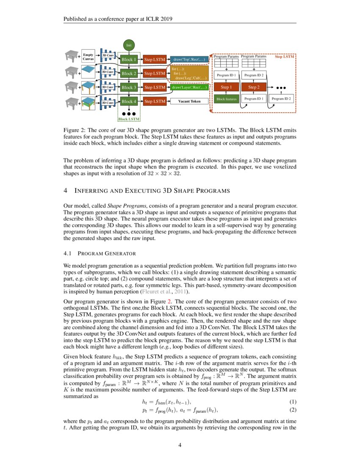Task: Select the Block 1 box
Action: pyautogui.click(x=129, y=60)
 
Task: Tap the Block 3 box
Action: pyautogui.click(x=129, y=88)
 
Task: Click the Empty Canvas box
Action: pyautogui.click(x=88, y=57)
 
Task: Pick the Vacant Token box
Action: pyautogui.click(x=190, y=102)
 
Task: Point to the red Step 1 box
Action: pyautogui.click(x=226, y=87)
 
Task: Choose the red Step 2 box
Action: pyautogui.click(x=254, y=87)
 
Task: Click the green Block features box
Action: pyautogui.click(x=226, y=99)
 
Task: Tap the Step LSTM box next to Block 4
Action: pyautogui.click(x=154, y=102)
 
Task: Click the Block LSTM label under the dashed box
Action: pyautogui.click(x=129, y=119)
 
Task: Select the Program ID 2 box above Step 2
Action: pyautogui.click(x=254, y=75)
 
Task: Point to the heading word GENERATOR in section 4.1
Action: pyautogui.click(x=121, y=254)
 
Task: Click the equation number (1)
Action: pyautogui.click(x=292, y=402)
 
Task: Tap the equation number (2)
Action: pyautogui.click(x=292, y=410)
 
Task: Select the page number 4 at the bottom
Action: pyautogui.click(x=180, y=445)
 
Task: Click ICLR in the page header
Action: pyautogui.click(x=149, y=19)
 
